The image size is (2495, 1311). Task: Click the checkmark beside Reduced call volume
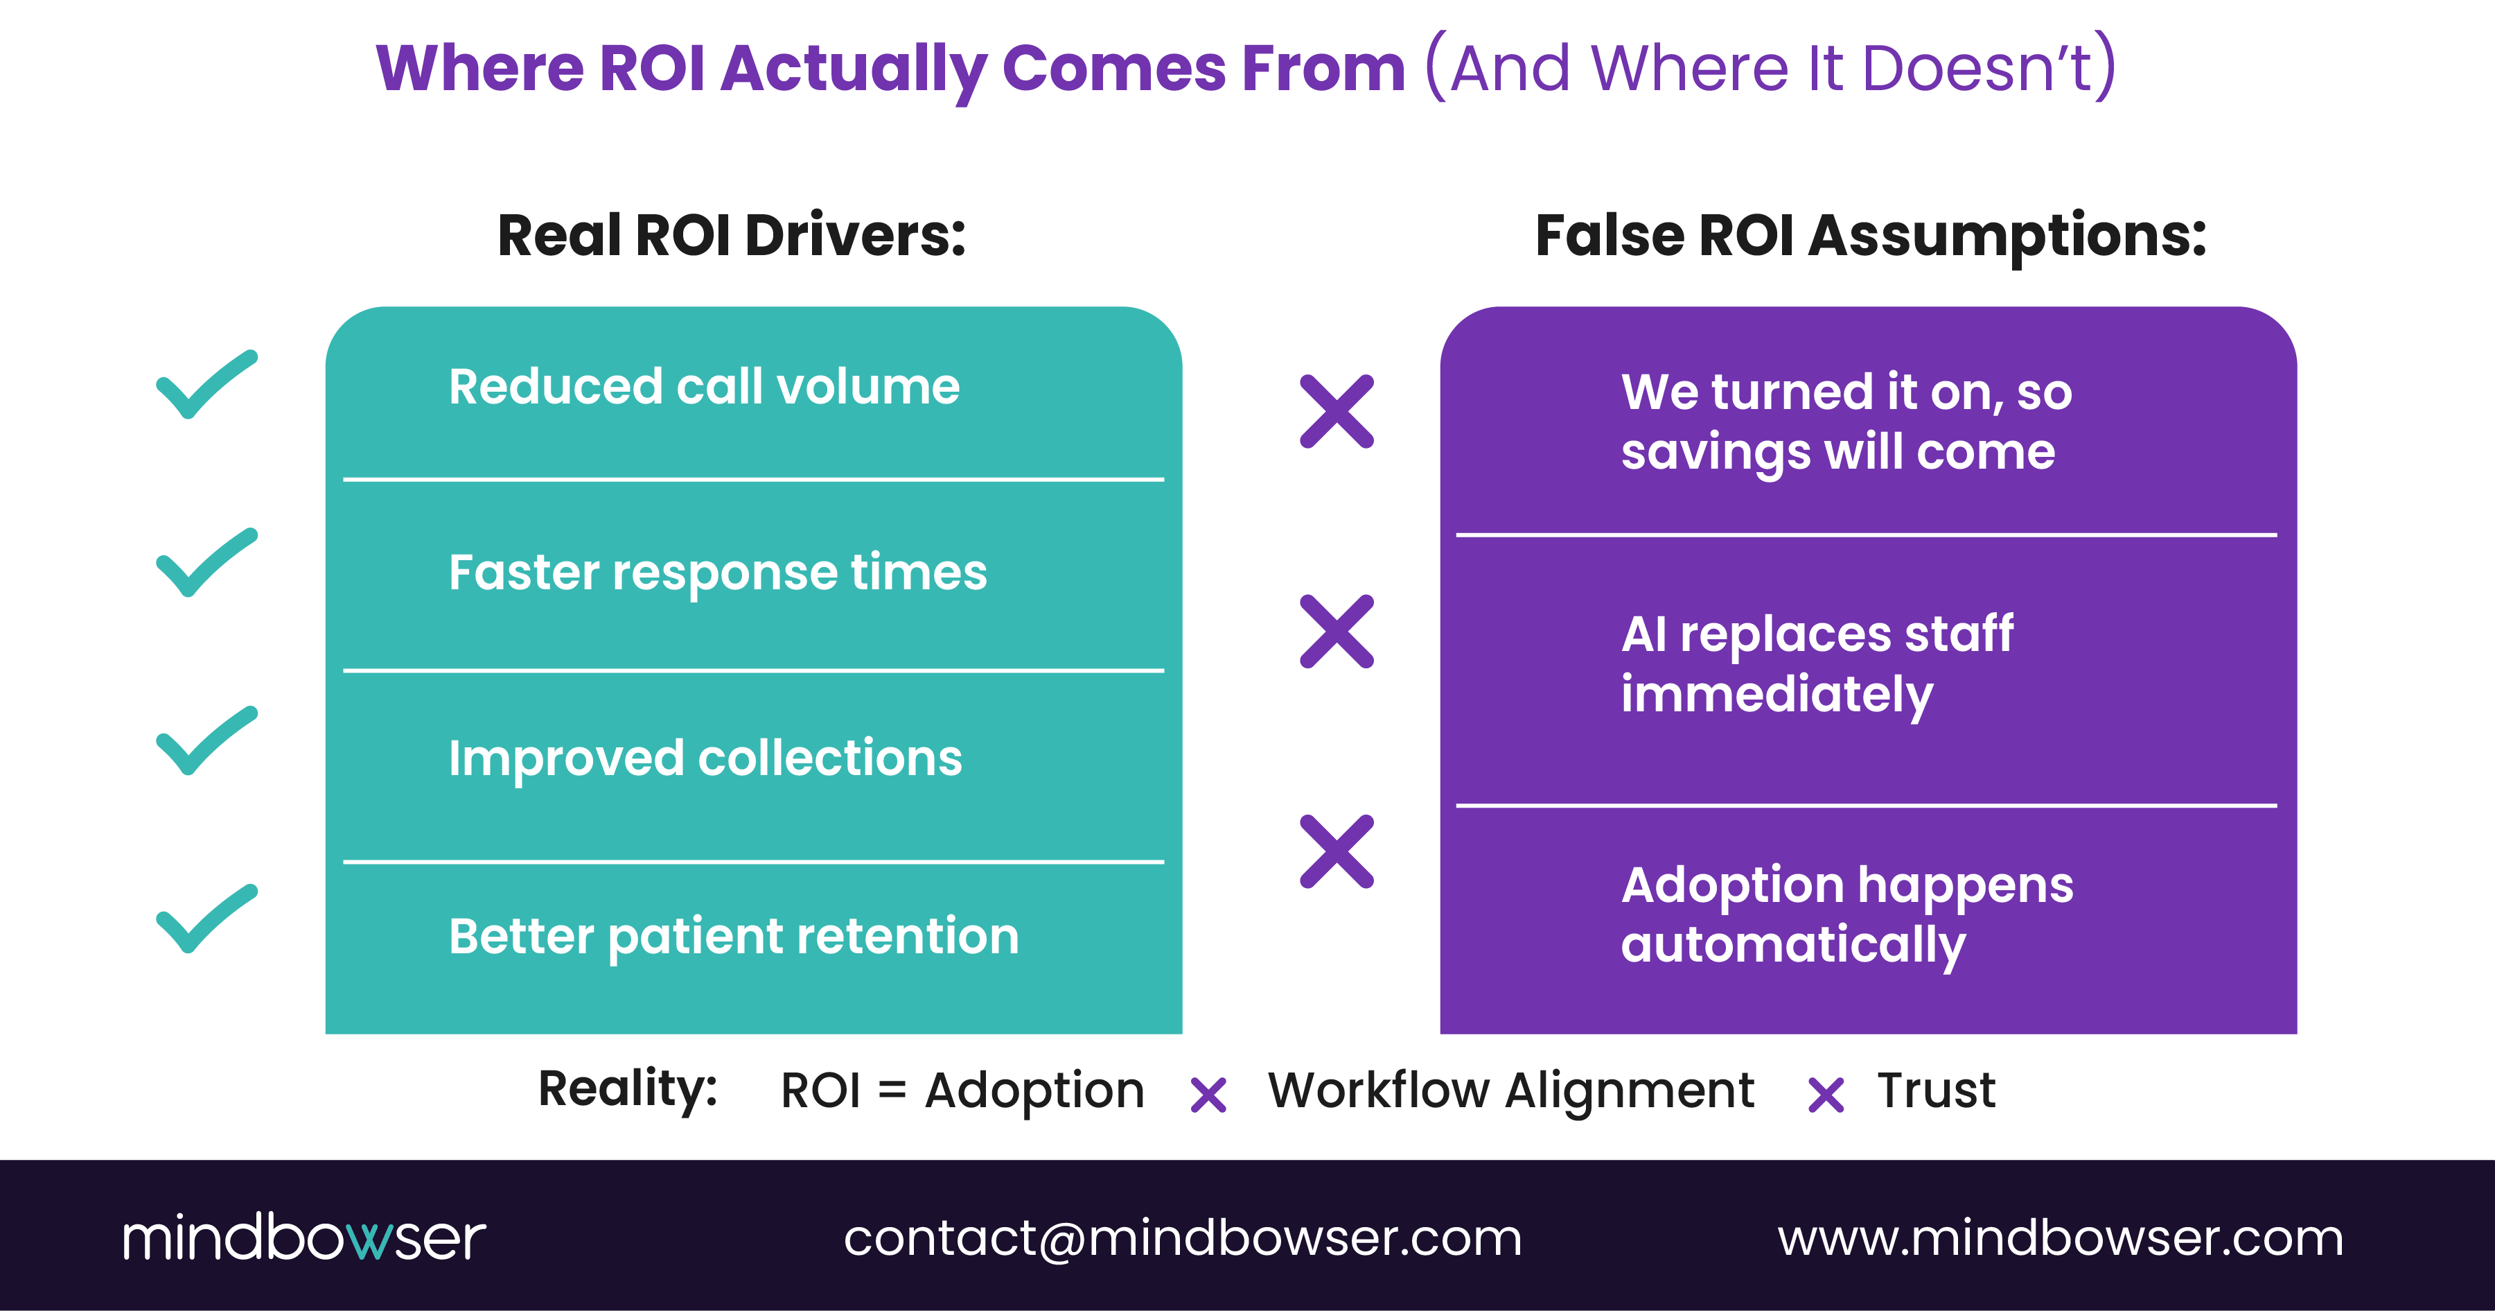(x=206, y=385)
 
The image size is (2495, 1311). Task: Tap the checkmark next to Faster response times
(x=206, y=563)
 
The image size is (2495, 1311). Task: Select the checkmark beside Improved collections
(x=206, y=741)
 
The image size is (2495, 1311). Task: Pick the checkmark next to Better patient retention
(x=206, y=919)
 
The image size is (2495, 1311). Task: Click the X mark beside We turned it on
(x=1337, y=412)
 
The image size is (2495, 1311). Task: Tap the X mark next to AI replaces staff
(x=1337, y=632)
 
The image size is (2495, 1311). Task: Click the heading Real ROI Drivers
(x=731, y=236)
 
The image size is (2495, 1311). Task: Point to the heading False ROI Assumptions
(x=1870, y=236)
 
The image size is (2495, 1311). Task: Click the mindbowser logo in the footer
(x=303, y=1238)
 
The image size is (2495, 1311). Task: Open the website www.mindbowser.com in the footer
(x=2060, y=1238)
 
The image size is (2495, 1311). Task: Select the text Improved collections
(x=705, y=758)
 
